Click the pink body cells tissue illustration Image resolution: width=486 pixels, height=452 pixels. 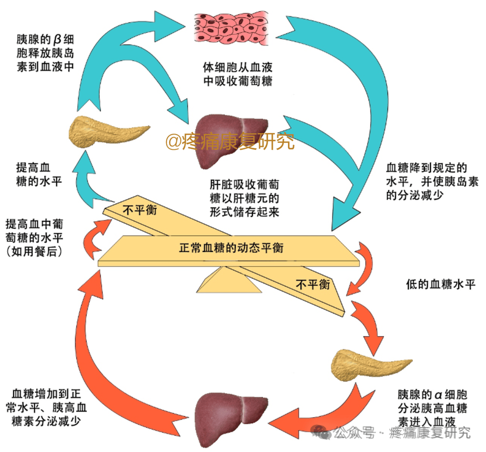tap(233, 28)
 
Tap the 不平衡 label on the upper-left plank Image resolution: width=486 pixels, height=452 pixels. tap(140, 210)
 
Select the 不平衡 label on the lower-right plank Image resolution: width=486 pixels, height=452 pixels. tap(313, 284)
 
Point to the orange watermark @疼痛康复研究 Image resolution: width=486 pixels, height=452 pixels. tap(229, 142)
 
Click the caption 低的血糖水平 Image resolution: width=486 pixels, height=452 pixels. tap(440, 284)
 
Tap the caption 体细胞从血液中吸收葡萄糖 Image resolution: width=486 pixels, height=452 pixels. tap(238, 74)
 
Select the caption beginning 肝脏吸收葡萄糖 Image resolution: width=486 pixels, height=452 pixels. tap(244, 198)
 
